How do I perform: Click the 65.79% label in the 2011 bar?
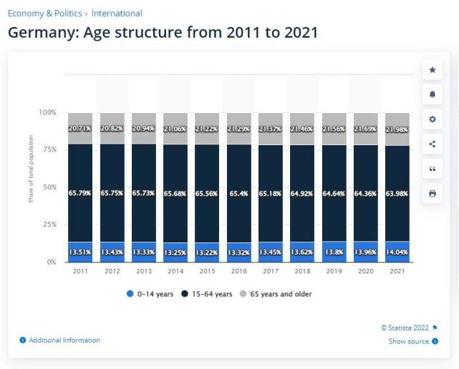pyautogui.click(x=80, y=193)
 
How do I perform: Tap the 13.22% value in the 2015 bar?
pyautogui.click(x=206, y=252)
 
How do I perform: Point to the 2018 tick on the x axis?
pyautogui.click(x=301, y=272)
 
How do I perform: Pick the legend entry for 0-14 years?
pyautogui.click(x=150, y=294)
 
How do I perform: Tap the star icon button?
pyautogui.click(x=432, y=69)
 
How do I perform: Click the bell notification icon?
pyautogui.click(x=432, y=94)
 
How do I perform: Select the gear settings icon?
pyautogui.click(x=432, y=119)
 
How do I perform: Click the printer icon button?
pyautogui.click(x=432, y=193)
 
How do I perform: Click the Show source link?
pyautogui.click(x=409, y=341)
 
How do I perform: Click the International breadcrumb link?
pyautogui.click(x=117, y=13)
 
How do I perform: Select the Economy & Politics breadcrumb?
pyautogui.click(x=44, y=13)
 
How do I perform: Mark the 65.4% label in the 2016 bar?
pyautogui.click(x=238, y=193)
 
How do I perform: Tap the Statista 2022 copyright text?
pyautogui.click(x=405, y=328)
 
